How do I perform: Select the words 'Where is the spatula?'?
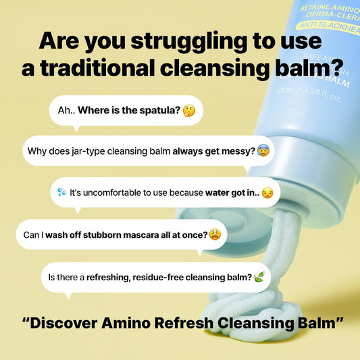[129, 110]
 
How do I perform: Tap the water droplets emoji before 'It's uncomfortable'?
[62, 193]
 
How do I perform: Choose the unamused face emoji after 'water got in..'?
[268, 193]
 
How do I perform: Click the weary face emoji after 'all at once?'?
[215, 234]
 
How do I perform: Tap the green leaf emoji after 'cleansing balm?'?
[260, 277]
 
